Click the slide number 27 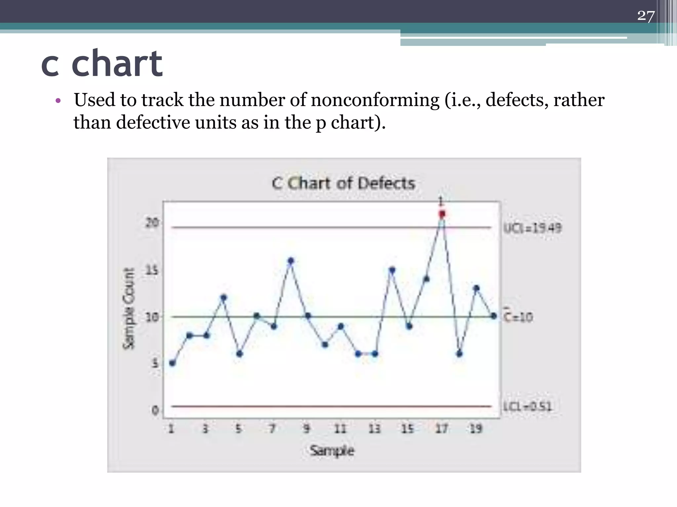646,16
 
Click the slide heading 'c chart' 102,63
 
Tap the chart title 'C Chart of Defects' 343,183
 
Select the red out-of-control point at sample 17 442,214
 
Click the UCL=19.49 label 532,228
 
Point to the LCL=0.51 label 528,406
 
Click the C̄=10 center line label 518,317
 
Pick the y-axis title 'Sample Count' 129,308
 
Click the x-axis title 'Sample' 332,451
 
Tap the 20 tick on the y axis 152,223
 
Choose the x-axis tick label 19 476,429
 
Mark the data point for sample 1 172,363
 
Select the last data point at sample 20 494,316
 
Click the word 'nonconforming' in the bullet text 375,100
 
